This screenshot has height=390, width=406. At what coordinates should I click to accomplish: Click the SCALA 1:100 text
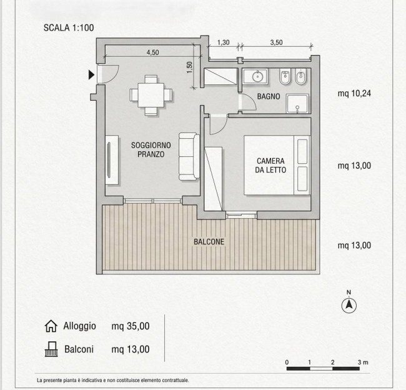pos(69,27)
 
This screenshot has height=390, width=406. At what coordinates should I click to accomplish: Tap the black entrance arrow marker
pos(91,74)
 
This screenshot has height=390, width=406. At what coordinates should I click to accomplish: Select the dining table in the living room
pos(151,95)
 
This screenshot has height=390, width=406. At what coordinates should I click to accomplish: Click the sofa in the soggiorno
pos(189,156)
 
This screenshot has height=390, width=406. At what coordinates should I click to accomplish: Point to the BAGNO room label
pos(269,96)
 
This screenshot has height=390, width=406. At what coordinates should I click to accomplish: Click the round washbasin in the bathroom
pos(257,76)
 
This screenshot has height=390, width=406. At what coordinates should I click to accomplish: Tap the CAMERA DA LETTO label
pos(270,166)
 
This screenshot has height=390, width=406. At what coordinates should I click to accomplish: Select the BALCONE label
pos(209,242)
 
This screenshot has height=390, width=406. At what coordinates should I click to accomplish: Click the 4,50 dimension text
pos(153,52)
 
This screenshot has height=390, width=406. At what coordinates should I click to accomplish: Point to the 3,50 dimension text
pos(276,42)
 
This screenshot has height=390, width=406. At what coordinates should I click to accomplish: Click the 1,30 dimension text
pos(223,42)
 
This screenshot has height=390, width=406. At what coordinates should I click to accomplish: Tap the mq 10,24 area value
pos(354,93)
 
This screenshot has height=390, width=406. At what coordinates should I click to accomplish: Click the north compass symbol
pos(349,303)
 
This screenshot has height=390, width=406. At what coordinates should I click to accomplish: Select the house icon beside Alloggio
pos(51,326)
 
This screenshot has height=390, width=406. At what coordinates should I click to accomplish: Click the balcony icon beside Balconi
pos(51,349)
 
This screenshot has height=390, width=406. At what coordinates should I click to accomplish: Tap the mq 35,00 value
pos(131,326)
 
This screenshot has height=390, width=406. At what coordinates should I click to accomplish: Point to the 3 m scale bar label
pos(363,362)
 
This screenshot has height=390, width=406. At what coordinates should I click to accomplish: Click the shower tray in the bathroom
pos(297,104)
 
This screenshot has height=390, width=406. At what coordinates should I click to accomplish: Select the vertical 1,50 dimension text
pos(190,67)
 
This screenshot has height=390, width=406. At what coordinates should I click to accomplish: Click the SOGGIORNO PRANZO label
pos(151,150)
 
